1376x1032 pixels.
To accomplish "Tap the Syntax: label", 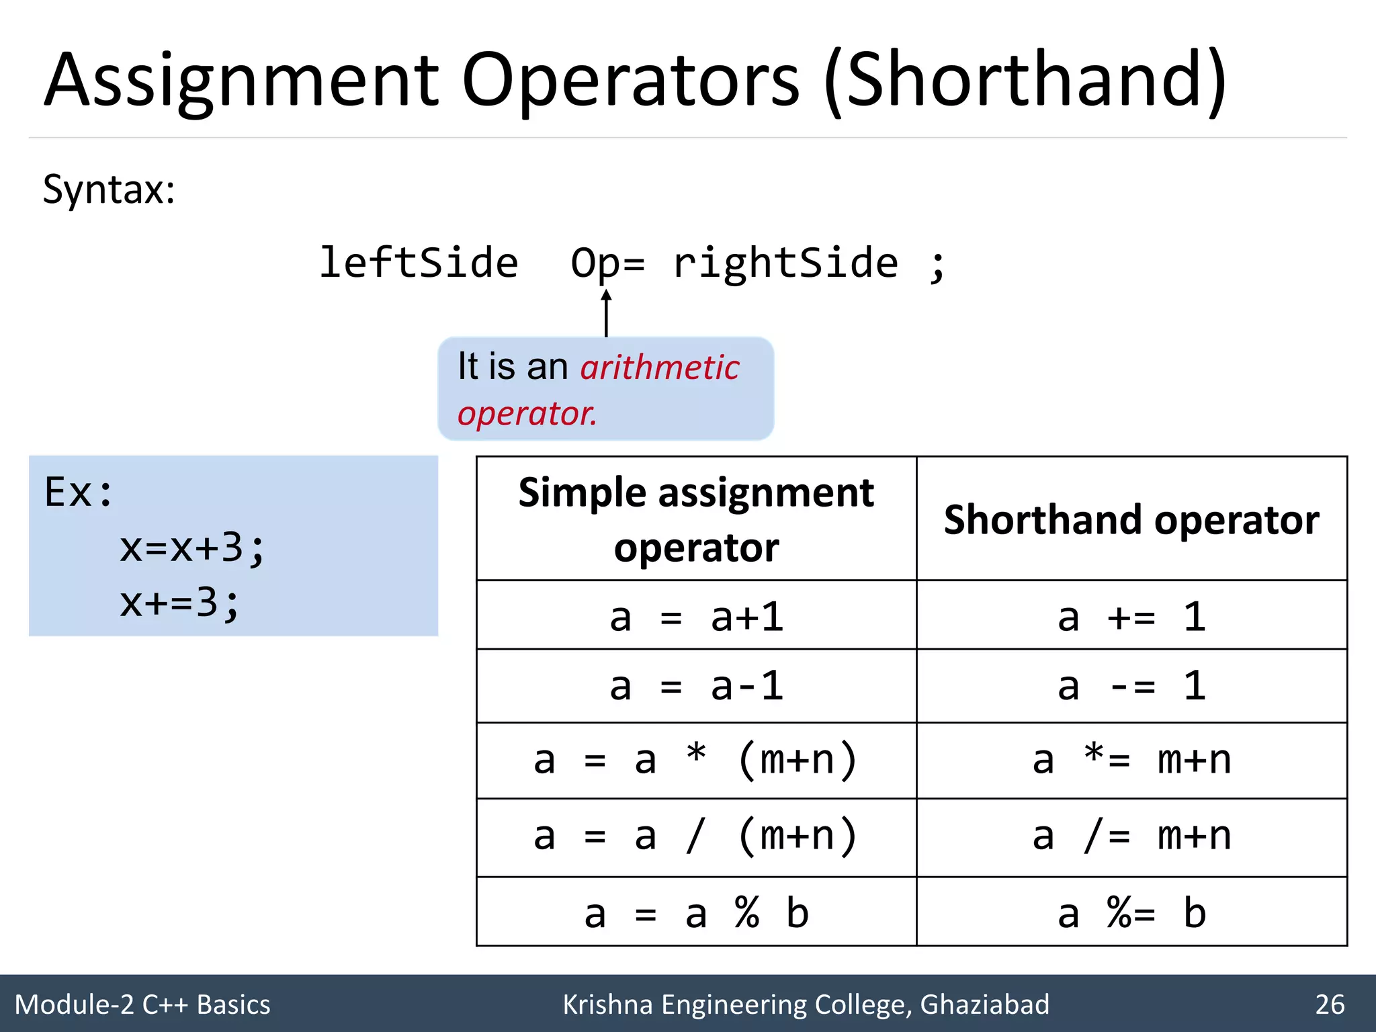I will tap(109, 189).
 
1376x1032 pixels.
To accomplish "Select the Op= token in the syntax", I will tap(607, 263).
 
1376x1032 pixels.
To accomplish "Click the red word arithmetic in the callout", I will tap(659, 368).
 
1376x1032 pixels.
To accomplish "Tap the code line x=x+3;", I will tap(192, 548).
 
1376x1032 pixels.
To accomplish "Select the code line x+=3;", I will tap(179, 603).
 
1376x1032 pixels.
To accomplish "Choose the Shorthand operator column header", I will tap(1131, 519).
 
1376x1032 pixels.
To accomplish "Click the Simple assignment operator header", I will tap(696, 519).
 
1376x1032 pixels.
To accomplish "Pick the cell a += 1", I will tap(1131, 617).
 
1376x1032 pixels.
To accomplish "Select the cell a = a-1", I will tap(696, 687).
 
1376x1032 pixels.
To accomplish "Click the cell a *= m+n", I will tap(1131, 761).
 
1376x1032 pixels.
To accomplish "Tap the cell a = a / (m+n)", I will tap(696, 837).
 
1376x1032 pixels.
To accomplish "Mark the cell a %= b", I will tap(1131, 914).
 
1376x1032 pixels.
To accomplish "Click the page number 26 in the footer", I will tap(1329, 1004).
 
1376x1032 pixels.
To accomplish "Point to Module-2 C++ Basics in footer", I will tap(142, 1004).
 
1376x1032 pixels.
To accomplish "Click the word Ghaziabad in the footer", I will tap(984, 1004).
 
